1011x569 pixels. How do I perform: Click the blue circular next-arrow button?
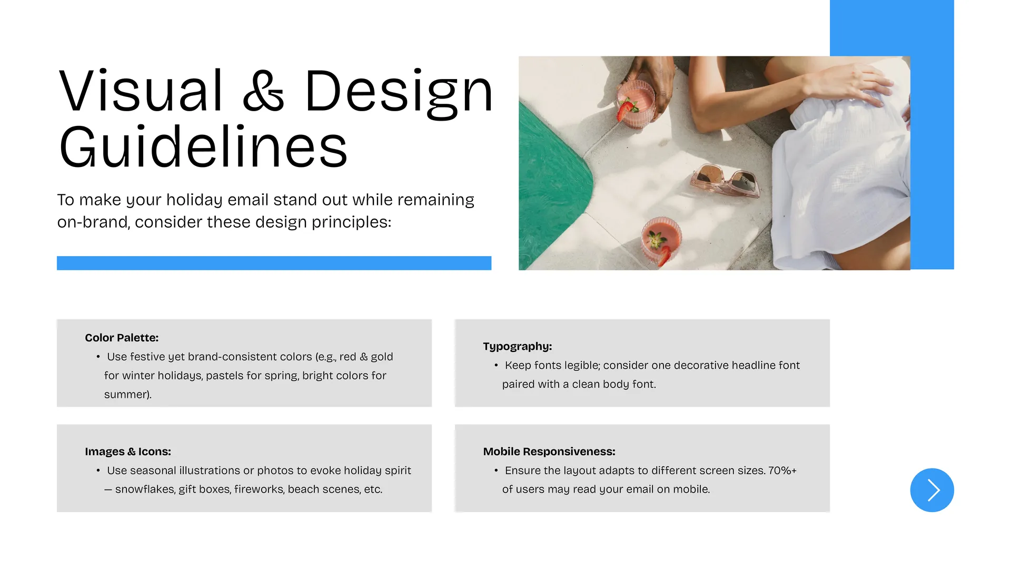tap(931, 490)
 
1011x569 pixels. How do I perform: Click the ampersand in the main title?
tap(263, 91)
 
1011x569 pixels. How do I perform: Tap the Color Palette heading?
tap(122, 338)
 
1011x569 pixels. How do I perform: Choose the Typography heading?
tap(518, 347)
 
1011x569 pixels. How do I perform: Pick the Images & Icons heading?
tap(128, 452)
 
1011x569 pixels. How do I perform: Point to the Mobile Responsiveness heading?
tap(549, 452)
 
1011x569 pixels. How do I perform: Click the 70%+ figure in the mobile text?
tap(782, 470)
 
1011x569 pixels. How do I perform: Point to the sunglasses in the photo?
tap(726, 180)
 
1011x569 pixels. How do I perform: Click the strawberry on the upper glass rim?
tap(626, 111)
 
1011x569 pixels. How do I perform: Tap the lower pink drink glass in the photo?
tap(661, 240)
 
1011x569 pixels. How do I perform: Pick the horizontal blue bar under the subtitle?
tap(274, 263)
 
